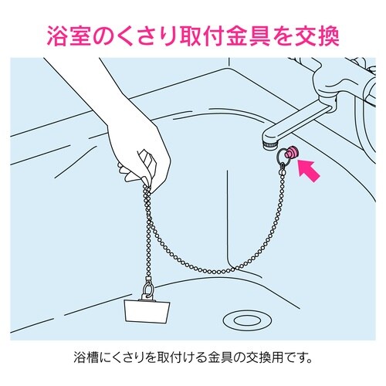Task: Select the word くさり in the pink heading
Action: pos(157,37)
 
